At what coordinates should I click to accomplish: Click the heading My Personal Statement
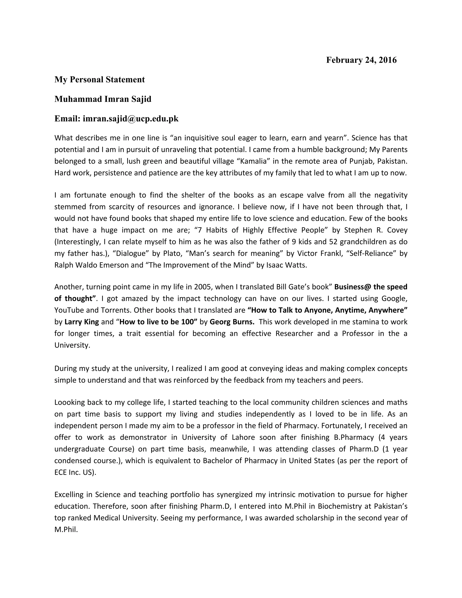100,79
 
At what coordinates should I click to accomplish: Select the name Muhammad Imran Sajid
103,99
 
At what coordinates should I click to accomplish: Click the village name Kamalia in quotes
253,161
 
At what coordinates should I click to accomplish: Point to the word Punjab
361,161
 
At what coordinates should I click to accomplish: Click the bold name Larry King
82,322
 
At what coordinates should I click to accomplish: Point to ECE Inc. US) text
75,472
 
